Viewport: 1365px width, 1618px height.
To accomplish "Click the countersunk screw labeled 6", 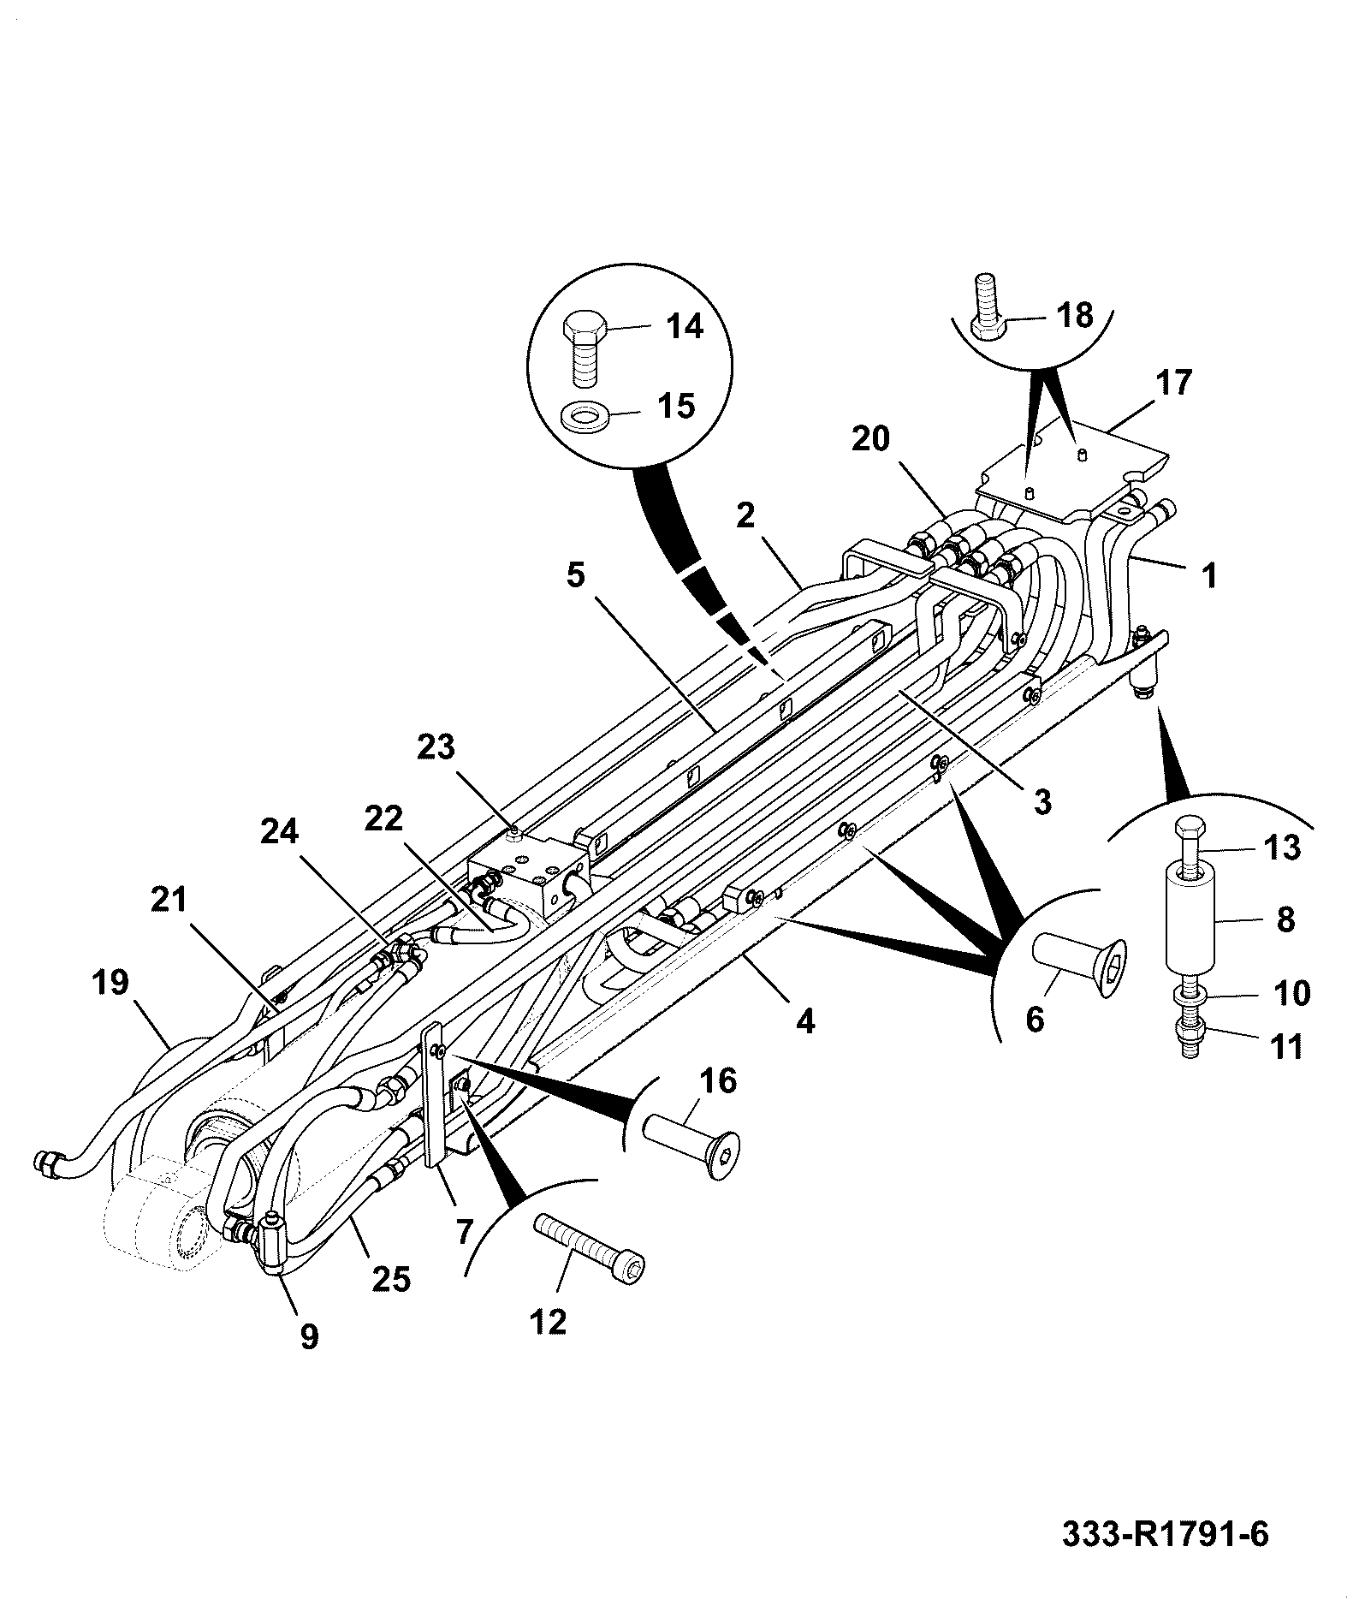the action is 1082,963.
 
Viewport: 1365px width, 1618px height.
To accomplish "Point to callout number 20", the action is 870,438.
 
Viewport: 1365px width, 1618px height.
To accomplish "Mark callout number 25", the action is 391,1279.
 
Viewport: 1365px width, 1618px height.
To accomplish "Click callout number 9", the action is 309,1335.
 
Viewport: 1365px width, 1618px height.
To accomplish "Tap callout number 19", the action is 112,983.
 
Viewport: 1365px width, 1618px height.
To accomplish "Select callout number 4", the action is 805,1021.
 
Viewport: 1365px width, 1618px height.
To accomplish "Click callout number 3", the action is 1042,802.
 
